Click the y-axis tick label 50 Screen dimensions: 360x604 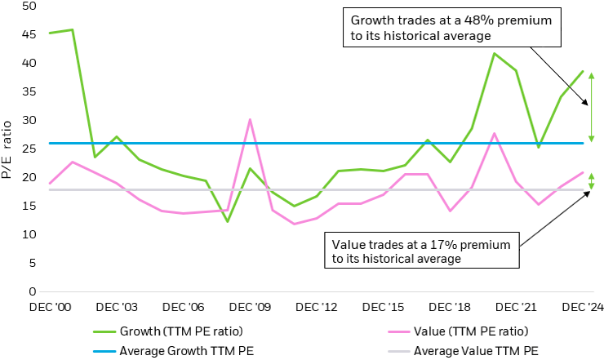[30, 6]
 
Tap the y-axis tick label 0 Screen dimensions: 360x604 [33, 291]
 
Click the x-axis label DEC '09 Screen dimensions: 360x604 [251, 307]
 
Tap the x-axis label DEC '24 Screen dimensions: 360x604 [584, 307]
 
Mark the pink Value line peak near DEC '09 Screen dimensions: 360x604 [250, 120]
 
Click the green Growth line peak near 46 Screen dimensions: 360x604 [73, 29]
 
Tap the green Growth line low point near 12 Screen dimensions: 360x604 [228, 221]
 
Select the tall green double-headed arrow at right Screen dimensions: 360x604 [591, 106]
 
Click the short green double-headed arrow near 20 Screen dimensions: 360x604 [591, 181]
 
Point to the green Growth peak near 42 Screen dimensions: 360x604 [495, 53]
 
